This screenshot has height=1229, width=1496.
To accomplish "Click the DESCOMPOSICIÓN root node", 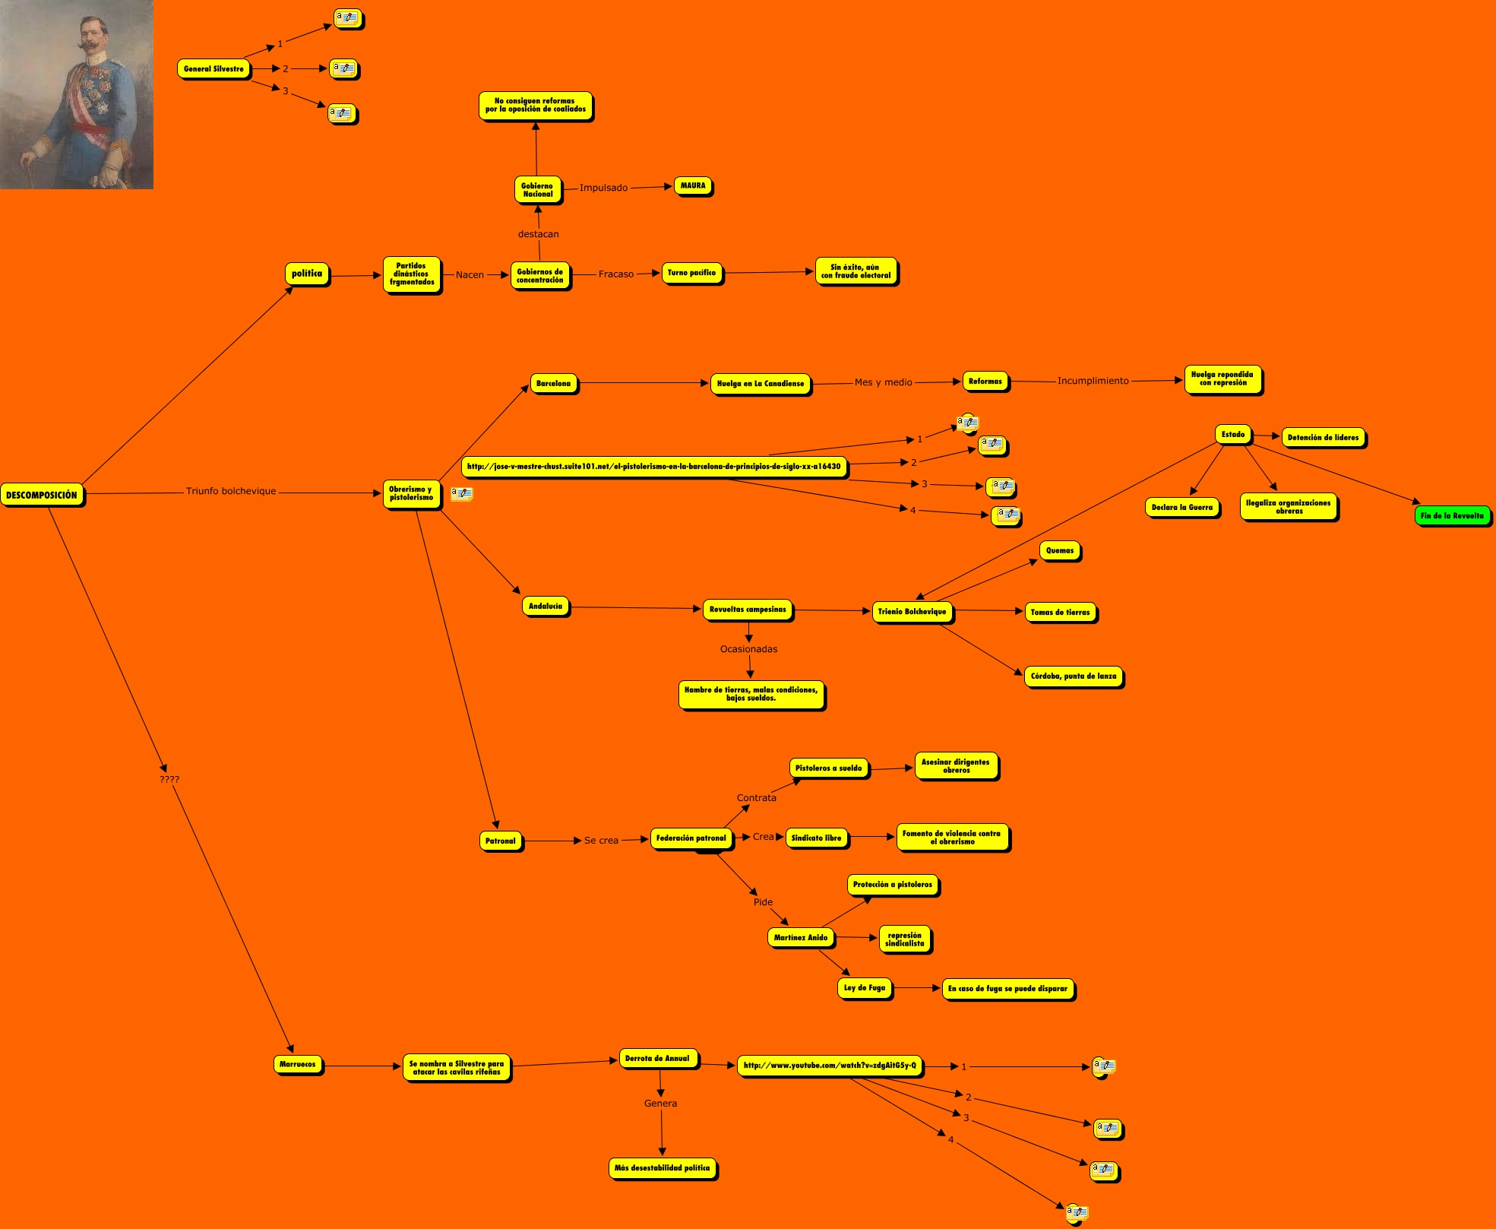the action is pyautogui.click(x=42, y=495).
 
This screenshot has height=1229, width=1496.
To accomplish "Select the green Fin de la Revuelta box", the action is pyautogui.click(x=1451, y=515).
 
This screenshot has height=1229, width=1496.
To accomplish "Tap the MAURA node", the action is pyautogui.click(x=692, y=185).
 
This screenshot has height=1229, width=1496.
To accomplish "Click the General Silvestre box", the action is pyautogui.click(x=213, y=69).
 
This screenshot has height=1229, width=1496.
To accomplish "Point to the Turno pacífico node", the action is pyautogui.click(x=691, y=273).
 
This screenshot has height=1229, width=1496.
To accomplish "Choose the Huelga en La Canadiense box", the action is pyautogui.click(x=760, y=384).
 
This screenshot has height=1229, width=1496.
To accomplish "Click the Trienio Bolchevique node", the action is pyautogui.click(x=912, y=611).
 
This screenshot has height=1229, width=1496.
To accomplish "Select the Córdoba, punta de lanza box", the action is pyautogui.click(x=1073, y=676).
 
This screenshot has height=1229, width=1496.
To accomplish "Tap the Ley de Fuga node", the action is pyautogui.click(x=864, y=988).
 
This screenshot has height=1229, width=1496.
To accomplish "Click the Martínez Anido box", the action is pyautogui.click(x=800, y=938).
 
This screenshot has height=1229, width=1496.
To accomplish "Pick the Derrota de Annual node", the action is pyautogui.click(x=657, y=1058).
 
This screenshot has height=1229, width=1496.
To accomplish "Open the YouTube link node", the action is pyautogui.click(x=830, y=1066).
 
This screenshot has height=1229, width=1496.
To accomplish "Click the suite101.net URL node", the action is pyautogui.click(x=653, y=467).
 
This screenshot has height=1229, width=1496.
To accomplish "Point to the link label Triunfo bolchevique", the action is pyautogui.click(x=231, y=491).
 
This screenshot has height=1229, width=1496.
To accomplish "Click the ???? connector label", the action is pyautogui.click(x=169, y=779).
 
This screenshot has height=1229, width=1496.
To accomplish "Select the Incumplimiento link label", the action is pyautogui.click(x=1093, y=381).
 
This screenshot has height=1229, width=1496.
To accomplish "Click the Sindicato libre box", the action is pyautogui.click(x=816, y=838).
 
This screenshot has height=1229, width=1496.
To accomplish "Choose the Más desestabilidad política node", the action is pyautogui.click(x=662, y=1168).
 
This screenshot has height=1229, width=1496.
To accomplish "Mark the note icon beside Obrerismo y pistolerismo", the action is pyautogui.click(x=461, y=494).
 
